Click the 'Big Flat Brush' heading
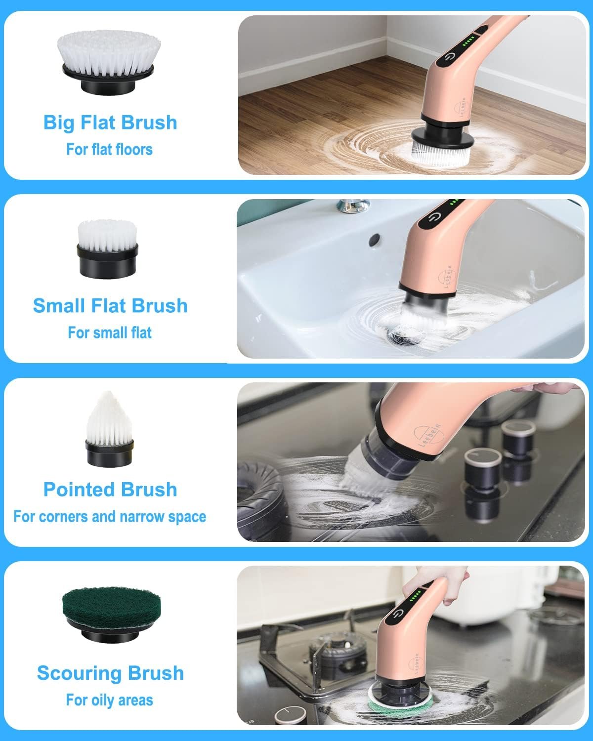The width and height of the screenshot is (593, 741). [110, 123]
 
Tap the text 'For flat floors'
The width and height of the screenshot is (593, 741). [109, 149]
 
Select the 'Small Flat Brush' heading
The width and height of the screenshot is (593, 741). [110, 306]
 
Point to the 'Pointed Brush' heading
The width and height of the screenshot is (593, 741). [110, 490]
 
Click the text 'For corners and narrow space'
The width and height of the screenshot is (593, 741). [110, 517]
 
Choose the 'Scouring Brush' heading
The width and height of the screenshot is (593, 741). [110, 673]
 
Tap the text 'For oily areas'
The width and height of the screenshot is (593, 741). [109, 700]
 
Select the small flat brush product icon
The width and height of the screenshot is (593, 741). [107, 248]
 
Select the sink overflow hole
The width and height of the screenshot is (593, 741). [375, 239]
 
